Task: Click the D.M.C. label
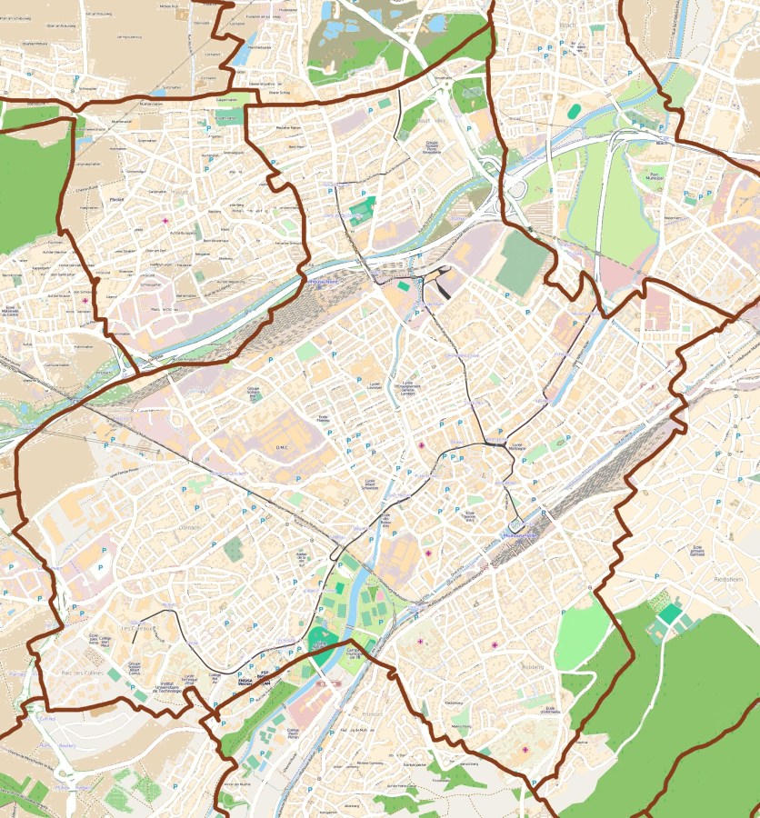pyautogui.click(x=281, y=446)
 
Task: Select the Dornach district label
pyautogui.click(x=188, y=526)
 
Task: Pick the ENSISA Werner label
pyautogui.click(x=245, y=681)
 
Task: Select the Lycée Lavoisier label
pyautogui.click(x=374, y=385)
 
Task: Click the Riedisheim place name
pyautogui.click(x=729, y=578)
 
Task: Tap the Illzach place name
pyautogui.click(x=570, y=25)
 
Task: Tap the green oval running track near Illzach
pyautogui.click(x=575, y=111)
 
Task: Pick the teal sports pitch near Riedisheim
pyautogui.click(x=671, y=614)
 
